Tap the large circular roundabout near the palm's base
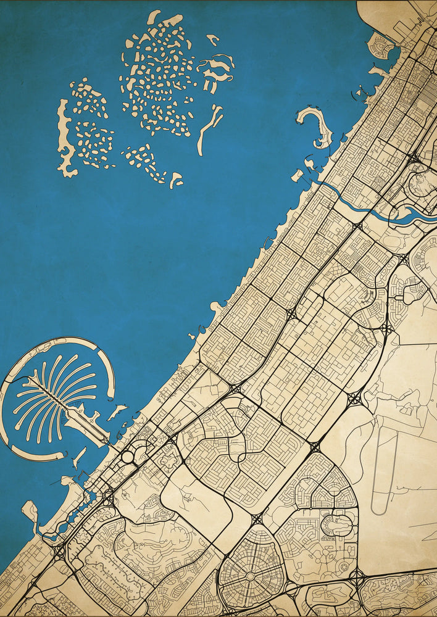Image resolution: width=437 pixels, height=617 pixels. click(128, 457)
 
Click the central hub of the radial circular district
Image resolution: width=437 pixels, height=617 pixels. click(251, 575)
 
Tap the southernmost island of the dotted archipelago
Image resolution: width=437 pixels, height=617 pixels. click(177, 180)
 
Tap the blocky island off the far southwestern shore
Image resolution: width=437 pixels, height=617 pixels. click(30, 510)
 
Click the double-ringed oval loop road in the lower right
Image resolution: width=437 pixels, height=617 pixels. click(338, 525)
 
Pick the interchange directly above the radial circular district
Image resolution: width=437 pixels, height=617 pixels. click(257, 520)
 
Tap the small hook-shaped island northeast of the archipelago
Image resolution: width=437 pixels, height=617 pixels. click(214, 40)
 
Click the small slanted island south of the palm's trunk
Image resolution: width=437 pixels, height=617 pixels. click(79, 458)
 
